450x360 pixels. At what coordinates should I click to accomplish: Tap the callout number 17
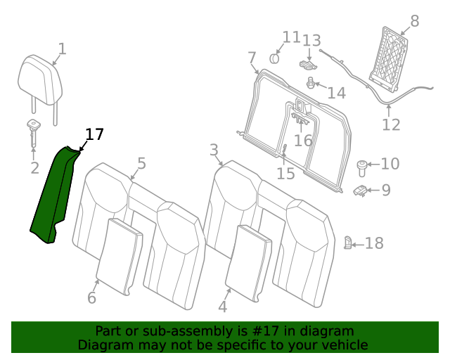(x=94, y=134)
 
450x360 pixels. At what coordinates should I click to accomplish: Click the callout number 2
(x=34, y=168)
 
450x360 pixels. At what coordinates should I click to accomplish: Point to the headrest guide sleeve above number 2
(x=34, y=128)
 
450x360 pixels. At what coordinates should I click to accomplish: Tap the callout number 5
(x=141, y=164)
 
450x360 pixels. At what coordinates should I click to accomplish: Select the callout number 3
(x=214, y=150)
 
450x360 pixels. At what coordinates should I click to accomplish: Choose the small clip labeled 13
(x=307, y=65)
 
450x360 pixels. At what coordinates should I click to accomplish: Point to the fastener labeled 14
(x=310, y=84)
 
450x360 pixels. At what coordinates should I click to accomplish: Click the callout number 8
(x=414, y=21)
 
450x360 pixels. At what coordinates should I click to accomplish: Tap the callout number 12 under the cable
(x=391, y=125)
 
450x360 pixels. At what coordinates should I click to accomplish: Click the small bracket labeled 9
(x=361, y=190)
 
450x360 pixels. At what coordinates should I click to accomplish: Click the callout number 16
(x=303, y=140)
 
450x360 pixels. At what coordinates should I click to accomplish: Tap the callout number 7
(x=252, y=58)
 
